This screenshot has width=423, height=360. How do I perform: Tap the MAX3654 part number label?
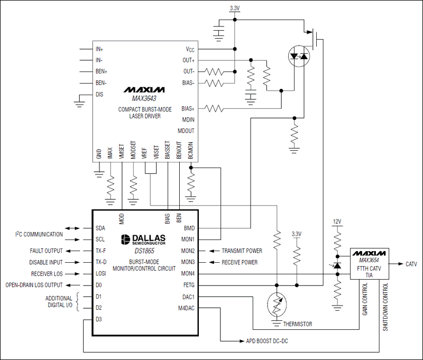click(370, 260)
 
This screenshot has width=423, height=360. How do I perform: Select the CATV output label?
click(412, 263)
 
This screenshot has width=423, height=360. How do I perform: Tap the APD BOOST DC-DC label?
click(268, 341)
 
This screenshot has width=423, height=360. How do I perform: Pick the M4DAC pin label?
click(186, 308)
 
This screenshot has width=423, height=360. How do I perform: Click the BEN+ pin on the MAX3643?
click(102, 71)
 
